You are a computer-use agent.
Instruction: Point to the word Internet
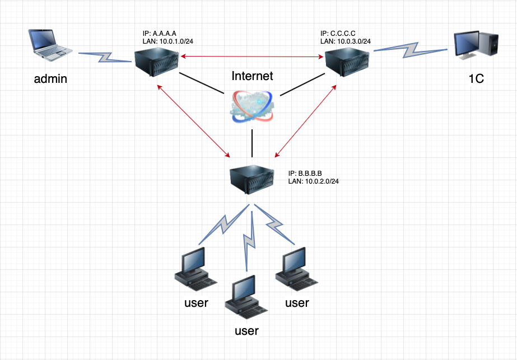[253, 76]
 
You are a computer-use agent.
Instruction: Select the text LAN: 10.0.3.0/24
[345, 41]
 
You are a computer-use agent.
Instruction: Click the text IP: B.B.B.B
[306, 173]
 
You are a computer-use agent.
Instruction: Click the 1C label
[476, 80]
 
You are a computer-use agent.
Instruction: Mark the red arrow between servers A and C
[252, 55]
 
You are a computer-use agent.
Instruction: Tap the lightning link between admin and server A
[105, 56]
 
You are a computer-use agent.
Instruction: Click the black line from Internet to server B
[253, 143]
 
